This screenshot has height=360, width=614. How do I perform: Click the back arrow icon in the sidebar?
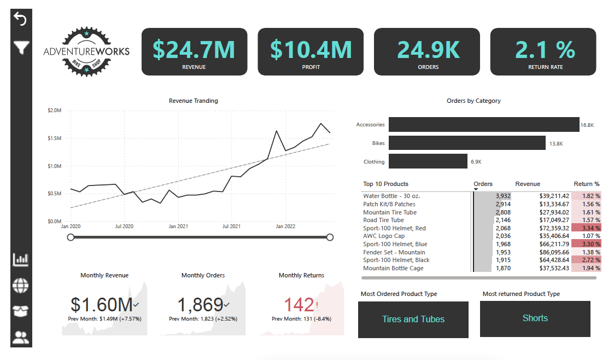click(x=20, y=19)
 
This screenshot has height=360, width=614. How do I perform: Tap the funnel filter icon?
click(x=21, y=48)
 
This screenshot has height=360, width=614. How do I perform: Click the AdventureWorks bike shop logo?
click(x=86, y=52)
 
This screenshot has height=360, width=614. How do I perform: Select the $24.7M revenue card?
click(x=194, y=51)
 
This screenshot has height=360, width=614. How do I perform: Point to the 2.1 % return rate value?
click(x=545, y=50)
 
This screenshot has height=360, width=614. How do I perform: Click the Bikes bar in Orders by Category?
click(x=467, y=143)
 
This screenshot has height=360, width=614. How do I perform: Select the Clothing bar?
click(x=428, y=161)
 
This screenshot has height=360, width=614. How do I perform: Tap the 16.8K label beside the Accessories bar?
click(x=587, y=125)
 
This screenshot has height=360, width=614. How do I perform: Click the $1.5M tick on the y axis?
click(x=54, y=138)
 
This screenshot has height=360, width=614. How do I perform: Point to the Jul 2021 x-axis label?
click(x=232, y=226)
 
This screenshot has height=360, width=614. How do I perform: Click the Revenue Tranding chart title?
click(x=193, y=101)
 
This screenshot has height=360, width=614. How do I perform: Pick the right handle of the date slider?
click(x=330, y=237)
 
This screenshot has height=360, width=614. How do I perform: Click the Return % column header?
click(x=586, y=184)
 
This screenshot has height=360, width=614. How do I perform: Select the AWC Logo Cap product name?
click(x=384, y=236)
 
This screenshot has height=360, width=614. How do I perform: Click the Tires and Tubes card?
click(x=413, y=320)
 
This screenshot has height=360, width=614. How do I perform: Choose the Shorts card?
click(x=535, y=318)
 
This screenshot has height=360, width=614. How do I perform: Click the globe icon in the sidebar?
click(x=21, y=285)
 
